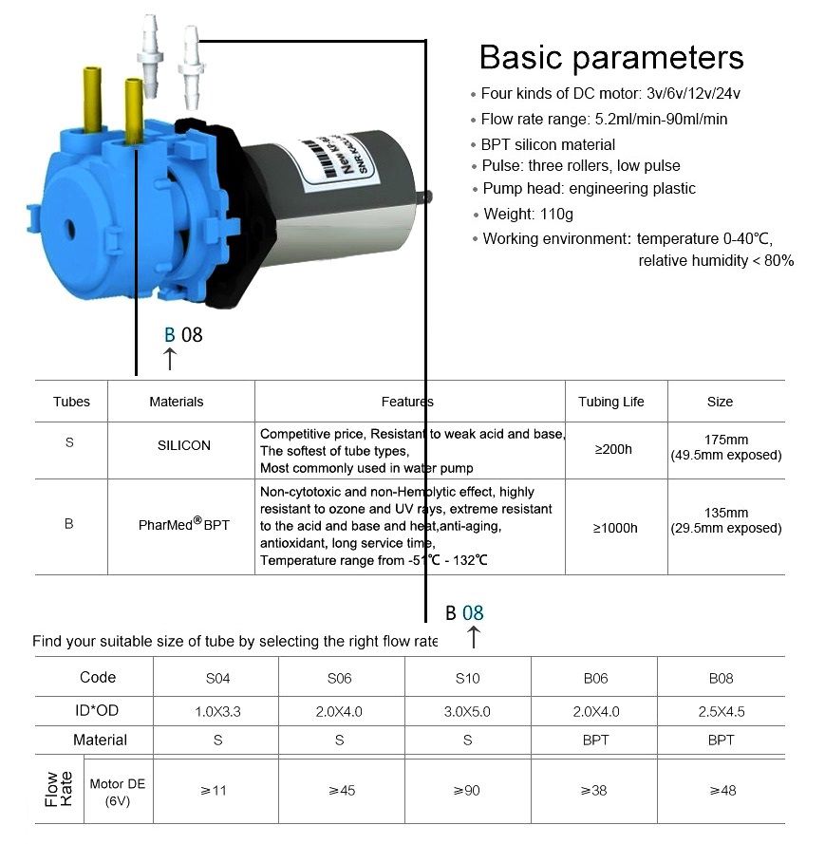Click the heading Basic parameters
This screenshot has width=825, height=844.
611,57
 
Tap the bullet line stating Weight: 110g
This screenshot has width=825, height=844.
528,214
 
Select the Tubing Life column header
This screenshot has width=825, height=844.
610,402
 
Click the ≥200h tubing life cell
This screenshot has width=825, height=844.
612,449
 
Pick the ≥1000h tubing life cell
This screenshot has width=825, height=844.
615,528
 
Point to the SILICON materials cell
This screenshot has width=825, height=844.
184,445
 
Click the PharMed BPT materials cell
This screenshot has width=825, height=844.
184,523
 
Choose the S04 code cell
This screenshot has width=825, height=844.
217,678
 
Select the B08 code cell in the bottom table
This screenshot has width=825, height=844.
721,678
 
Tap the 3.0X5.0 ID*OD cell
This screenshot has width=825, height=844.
467,711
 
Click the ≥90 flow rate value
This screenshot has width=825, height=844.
467,790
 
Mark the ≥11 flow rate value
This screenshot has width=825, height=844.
217,790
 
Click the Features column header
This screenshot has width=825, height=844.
407,402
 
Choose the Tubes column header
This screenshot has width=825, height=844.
71,402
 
